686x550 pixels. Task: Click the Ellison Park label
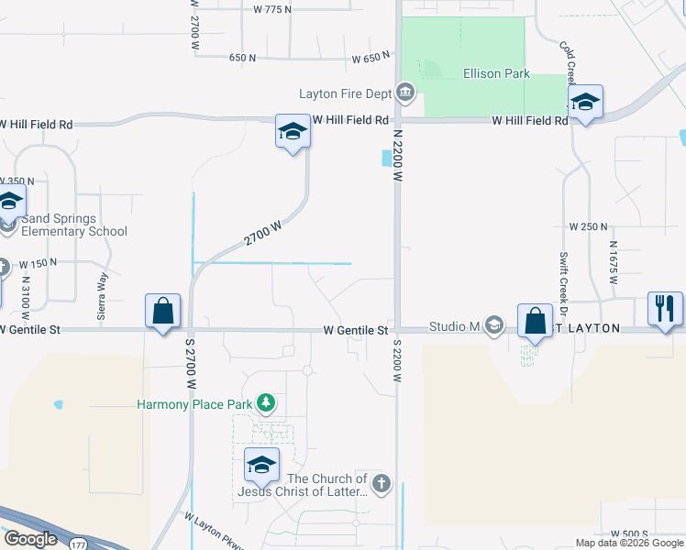click(x=496, y=73)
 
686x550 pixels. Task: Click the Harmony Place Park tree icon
click(x=266, y=403)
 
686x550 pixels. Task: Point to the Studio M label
click(x=455, y=327)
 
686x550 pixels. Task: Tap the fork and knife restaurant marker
click(x=666, y=308)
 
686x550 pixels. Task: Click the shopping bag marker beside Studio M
click(x=535, y=321)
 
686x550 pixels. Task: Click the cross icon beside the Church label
click(x=382, y=482)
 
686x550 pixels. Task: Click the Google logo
click(x=30, y=539)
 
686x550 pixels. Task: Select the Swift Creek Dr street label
click(x=561, y=275)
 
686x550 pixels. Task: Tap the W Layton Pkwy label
click(x=214, y=533)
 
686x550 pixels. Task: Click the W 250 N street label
click(x=588, y=225)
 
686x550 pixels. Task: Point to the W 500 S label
click(x=629, y=533)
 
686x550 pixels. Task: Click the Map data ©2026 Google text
click(x=628, y=543)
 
